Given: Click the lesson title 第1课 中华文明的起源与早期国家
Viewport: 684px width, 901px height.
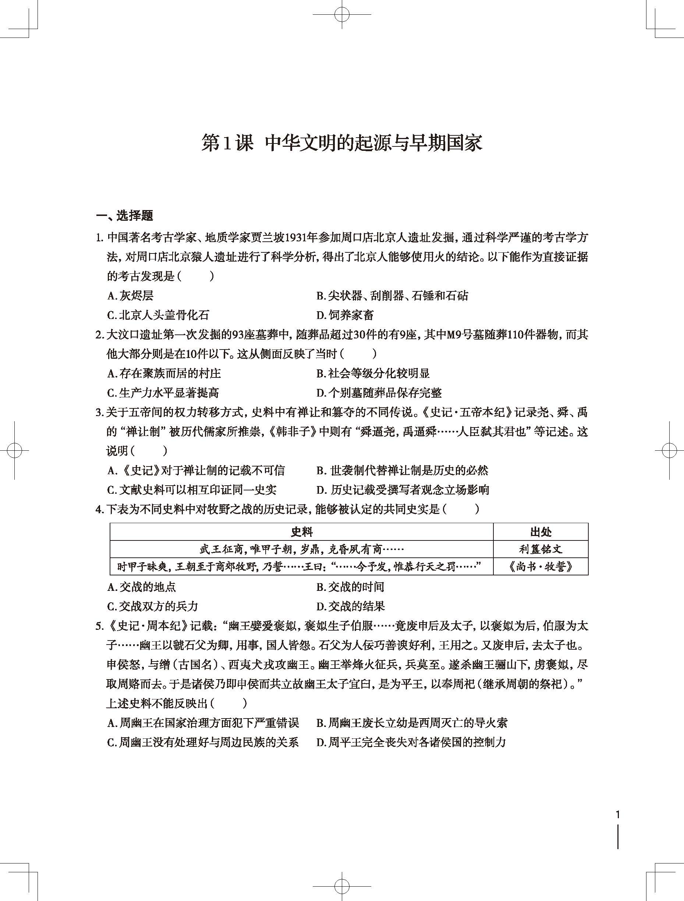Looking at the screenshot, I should pyautogui.click(x=342, y=143).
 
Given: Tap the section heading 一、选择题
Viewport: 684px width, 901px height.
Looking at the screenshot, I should pyautogui.click(x=124, y=216).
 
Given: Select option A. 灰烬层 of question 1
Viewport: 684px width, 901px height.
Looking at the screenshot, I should pyautogui.click(x=130, y=296).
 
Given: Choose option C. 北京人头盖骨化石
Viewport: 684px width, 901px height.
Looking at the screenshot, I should pyautogui.click(x=158, y=315).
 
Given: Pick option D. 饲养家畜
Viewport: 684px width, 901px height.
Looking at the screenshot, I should pyautogui.click(x=345, y=315).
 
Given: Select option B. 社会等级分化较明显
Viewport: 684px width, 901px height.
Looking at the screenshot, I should pyautogui.click(x=373, y=373).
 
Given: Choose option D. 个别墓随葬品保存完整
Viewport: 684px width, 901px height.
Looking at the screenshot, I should pyautogui.click(x=379, y=393).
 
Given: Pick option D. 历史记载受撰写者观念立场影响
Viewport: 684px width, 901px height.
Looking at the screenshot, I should pyautogui.click(x=403, y=490).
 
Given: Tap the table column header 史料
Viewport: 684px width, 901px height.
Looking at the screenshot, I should pyautogui.click(x=301, y=532).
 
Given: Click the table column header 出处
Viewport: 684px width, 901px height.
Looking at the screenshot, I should pyautogui.click(x=541, y=532).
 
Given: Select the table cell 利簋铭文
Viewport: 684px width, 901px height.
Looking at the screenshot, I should pyautogui.click(x=541, y=549).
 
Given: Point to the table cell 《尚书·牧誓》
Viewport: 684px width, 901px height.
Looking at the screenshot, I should pyautogui.click(x=541, y=567).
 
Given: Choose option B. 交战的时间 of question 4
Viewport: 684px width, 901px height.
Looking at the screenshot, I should pyautogui.click(x=350, y=587).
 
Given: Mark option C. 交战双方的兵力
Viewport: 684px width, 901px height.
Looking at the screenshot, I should pyautogui.click(x=153, y=606).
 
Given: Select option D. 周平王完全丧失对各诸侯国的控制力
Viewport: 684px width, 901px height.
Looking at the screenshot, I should pyautogui.click(x=411, y=742).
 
